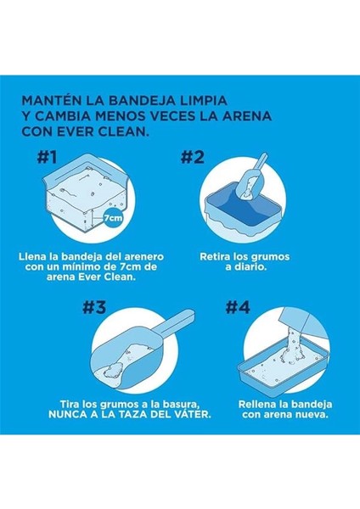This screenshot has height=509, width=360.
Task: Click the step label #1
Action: [x=48, y=157]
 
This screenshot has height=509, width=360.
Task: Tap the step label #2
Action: [x=193, y=157]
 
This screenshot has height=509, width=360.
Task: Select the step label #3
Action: [x=94, y=307]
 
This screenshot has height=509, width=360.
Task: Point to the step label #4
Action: [x=238, y=307]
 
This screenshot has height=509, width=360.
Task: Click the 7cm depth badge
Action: [x=113, y=217]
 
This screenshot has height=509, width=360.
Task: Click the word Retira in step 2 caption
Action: [x=215, y=257]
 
